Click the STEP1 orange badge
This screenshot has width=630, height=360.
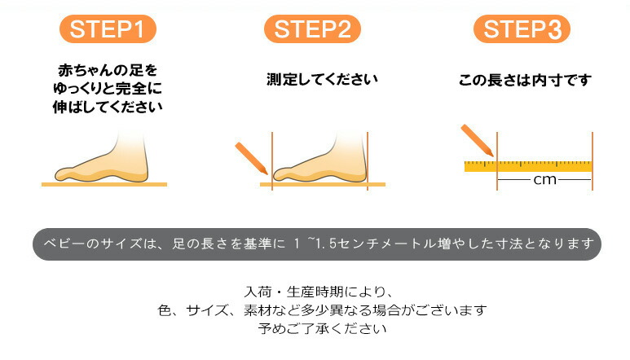coord(108,29)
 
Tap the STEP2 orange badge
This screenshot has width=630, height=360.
coord(312,29)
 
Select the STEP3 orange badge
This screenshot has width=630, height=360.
coord(522,29)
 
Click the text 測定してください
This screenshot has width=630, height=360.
coord(322,79)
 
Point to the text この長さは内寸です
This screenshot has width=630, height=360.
coord(525,80)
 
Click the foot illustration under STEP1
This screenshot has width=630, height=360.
coord(102,158)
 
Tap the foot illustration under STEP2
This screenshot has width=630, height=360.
coord(320,158)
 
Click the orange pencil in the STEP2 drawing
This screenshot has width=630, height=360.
coord(252,158)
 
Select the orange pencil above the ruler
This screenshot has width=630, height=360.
coord(477,140)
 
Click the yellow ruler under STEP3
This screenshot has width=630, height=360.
coord(528,166)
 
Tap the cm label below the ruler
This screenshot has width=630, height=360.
coord(544,180)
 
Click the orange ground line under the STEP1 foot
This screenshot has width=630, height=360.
coord(104,185)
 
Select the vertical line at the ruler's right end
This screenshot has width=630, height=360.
coord(593,161)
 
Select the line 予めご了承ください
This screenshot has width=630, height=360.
coord(322,329)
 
